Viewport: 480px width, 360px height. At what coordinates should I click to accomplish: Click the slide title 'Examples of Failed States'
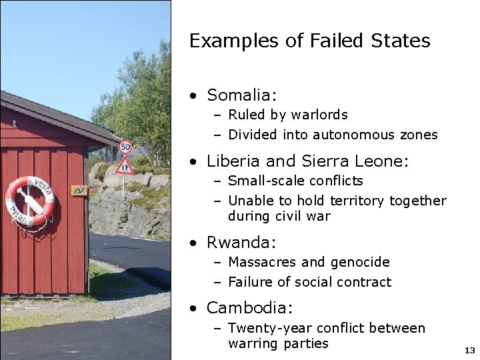[x=309, y=41]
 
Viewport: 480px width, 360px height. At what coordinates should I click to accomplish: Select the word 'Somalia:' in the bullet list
[x=241, y=95]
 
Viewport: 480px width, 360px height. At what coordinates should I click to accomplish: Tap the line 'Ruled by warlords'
[x=288, y=115]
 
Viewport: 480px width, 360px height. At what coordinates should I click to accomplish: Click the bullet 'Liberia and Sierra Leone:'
[x=307, y=161]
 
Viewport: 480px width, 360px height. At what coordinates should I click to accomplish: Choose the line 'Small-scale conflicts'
[x=295, y=181]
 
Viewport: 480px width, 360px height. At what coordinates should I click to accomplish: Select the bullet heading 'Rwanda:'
[x=241, y=242]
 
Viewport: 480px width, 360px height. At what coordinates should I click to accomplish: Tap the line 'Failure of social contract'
[x=309, y=282]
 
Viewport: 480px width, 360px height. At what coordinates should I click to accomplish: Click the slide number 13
[x=469, y=350]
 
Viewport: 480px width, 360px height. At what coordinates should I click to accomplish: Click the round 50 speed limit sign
[x=125, y=147]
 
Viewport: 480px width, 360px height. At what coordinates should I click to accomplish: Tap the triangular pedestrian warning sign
[x=124, y=166]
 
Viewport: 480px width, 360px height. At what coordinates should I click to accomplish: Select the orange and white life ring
[x=30, y=201]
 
